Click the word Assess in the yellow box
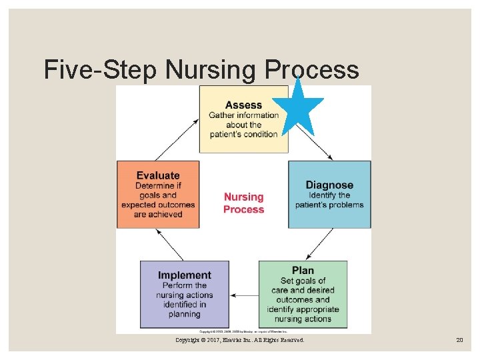tap(243, 105)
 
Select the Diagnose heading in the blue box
tap(329, 185)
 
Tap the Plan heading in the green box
tap(303, 270)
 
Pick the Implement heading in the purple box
tap(185, 275)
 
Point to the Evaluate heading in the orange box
tap(158, 175)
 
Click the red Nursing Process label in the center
tap(243, 203)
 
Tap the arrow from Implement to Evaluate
tap(169, 245)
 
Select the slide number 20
tap(459, 340)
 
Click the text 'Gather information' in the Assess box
tap(243, 115)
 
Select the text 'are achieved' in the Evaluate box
tap(158, 215)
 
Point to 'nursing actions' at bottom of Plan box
tap(303, 319)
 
